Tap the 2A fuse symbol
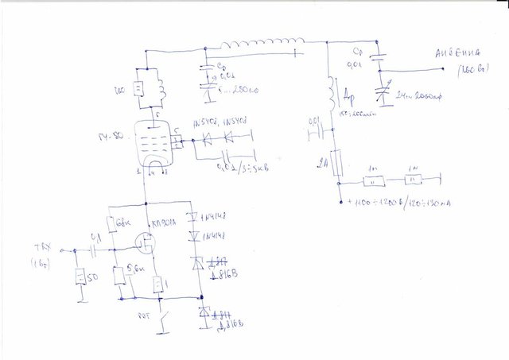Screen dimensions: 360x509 tap(337, 165)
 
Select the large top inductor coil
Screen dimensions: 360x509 tap(262, 42)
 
